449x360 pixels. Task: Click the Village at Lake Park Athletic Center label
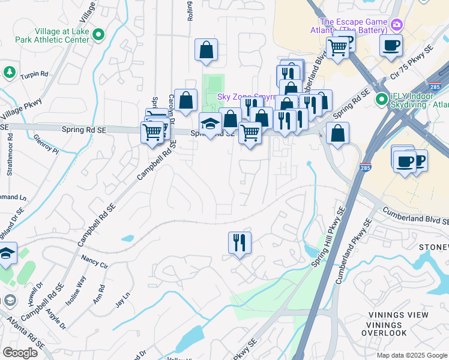[53, 35]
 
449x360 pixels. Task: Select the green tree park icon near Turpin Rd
[9, 73]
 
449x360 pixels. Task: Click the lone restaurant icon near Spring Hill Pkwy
[240, 243]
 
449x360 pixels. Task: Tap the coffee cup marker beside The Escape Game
[391, 46]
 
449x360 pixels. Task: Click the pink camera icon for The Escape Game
[396, 25]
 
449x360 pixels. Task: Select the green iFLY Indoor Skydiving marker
[381, 98]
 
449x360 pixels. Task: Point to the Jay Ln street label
[122, 299]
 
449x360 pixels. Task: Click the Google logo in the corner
[20, 353]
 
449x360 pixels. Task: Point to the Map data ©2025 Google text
[411, 355]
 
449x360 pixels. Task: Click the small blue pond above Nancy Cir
[127, 238]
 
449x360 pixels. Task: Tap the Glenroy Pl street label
[47, 146]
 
